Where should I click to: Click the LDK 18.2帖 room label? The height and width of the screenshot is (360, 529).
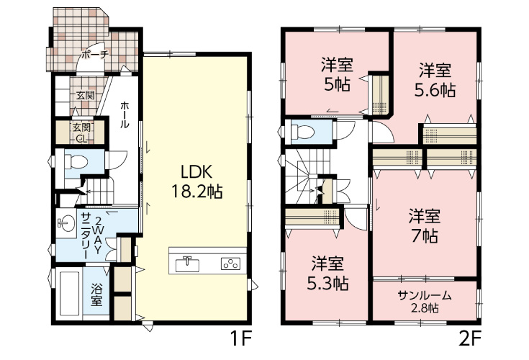click(x=197, y=182)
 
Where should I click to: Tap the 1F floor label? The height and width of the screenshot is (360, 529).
click(x=241, y=338)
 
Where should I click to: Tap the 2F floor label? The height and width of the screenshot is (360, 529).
click(x=469, y=338)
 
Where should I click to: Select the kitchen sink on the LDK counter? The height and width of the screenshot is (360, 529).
click(x=186, y=264)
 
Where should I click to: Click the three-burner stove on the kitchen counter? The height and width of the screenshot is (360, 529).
click(x=231, y=264)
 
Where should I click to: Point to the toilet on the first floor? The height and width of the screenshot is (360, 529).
click(x=73, y=161)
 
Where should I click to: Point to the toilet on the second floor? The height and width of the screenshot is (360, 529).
click(x=302, y=132)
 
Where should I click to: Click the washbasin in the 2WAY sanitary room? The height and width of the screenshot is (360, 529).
click(x=67, y=223)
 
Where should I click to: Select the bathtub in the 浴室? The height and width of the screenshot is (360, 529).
click(x=70, y=293)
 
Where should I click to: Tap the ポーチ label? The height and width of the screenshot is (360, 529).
click(x=95, y=54)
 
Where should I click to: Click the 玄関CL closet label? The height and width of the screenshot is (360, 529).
click(x=81, y=132)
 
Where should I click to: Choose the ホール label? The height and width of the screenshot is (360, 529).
click(x=124, y=114)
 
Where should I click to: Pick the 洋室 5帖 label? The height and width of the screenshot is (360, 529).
click(x=337, y=75)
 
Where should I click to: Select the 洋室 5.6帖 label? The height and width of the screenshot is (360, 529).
click(x=435, y=81)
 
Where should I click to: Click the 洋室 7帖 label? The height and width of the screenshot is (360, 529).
click(x=425, y=226)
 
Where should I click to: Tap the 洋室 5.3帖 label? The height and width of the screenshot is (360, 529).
click(x=327, y=274)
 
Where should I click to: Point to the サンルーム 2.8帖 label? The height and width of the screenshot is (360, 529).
click(x=425, y=301)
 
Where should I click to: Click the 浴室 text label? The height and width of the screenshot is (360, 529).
click(x=96, y=295)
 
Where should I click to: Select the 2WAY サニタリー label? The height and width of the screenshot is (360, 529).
click(x=91, y=236)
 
